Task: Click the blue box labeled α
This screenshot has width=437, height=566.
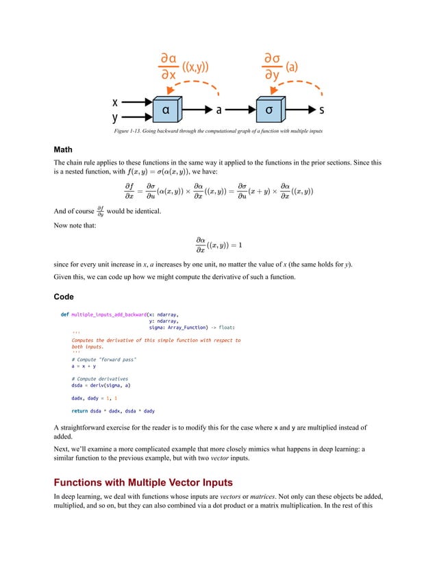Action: point(166,110)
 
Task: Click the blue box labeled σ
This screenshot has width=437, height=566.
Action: point(272,110)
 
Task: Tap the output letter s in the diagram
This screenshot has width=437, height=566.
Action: point(322,110)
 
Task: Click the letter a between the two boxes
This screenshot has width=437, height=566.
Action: point(218,110)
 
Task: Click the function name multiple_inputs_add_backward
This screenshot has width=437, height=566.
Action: point(110,314)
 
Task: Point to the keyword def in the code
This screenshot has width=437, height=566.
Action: point(64,314)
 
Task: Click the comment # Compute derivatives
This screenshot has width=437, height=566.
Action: point(99,378)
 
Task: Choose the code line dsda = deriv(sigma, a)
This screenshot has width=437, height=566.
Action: point(101,385)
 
